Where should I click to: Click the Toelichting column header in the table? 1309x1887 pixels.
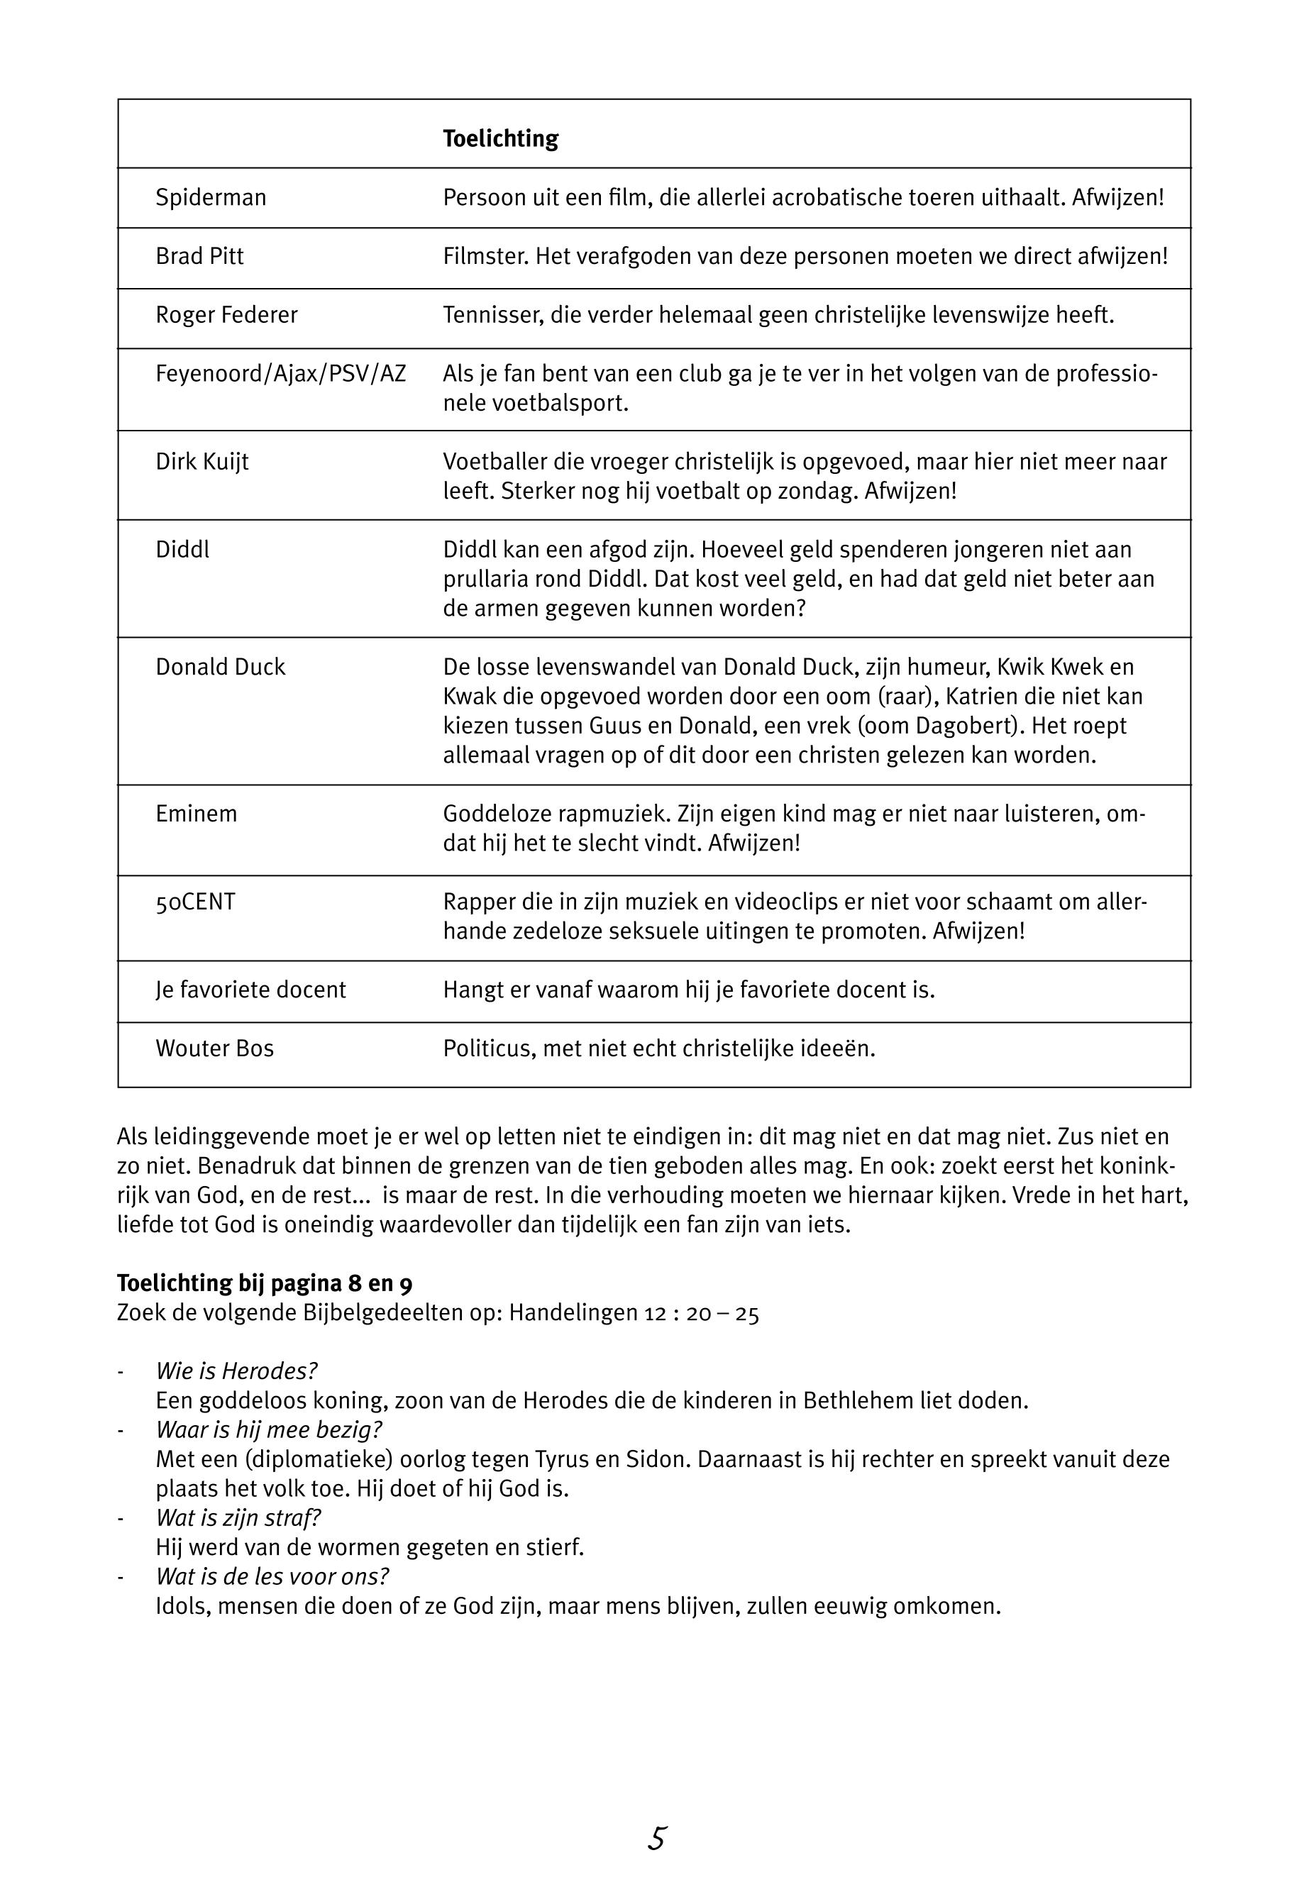pos(500,138)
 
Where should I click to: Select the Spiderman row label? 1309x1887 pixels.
pos(211,198)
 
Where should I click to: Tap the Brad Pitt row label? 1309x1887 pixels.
pos(199,257)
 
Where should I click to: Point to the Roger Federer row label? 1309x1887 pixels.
pos(226,315)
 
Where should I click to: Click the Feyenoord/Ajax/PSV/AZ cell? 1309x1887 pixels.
pos(280,374)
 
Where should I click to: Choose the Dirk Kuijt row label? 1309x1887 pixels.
pos(201,462)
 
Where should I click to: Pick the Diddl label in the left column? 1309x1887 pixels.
pos(182,550)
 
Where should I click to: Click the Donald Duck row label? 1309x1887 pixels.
pos(220,667)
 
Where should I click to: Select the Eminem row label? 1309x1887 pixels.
pos(196,814)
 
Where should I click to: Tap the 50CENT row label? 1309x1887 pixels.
pos(195,902)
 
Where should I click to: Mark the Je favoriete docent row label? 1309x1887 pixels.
pos(250,990)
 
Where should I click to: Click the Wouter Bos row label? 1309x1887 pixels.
pos(214,1049)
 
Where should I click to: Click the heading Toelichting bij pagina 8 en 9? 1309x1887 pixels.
pos(270,1283)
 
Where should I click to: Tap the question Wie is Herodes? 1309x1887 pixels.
pos(236,1371)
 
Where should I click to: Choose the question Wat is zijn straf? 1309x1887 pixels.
pos(238,1518)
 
